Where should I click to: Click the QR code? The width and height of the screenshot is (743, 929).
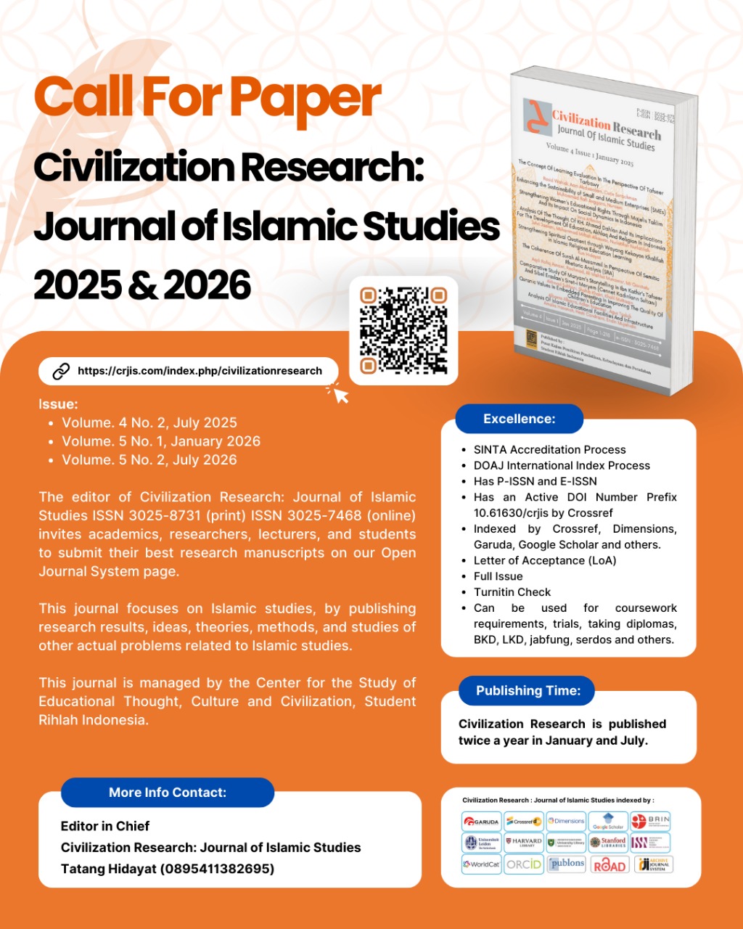tap(403, 330)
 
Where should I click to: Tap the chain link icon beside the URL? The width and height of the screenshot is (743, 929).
tap(61, 371)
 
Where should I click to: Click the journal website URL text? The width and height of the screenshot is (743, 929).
tap(200, 371)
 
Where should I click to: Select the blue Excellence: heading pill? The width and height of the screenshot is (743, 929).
tap(519, 419)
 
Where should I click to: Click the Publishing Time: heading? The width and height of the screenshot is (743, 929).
tap(528, 691)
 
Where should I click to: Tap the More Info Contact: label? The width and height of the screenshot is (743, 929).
tap(168, 793)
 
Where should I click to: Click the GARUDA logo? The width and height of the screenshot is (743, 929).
tap(482, 822)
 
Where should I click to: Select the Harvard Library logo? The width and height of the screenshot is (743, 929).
tap(523, 843)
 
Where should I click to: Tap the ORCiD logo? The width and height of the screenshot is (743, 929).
tap(523, 864)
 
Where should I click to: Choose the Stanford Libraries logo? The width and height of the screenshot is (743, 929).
tap(608, 843)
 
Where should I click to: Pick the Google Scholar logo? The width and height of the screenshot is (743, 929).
tap(608, 822)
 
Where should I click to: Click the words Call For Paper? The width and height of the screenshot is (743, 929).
tap(207, 98)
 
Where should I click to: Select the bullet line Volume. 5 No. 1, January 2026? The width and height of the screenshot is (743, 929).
tap(161, 441)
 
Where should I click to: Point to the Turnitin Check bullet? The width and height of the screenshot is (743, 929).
tap(512, 592)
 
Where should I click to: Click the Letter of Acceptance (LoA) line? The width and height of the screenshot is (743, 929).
tap(544, 560)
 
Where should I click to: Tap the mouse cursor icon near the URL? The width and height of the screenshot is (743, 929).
tap(339, 393)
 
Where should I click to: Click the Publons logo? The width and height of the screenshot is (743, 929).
tap(566, 864)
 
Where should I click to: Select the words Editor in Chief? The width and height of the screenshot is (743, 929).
tap(105, 826)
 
